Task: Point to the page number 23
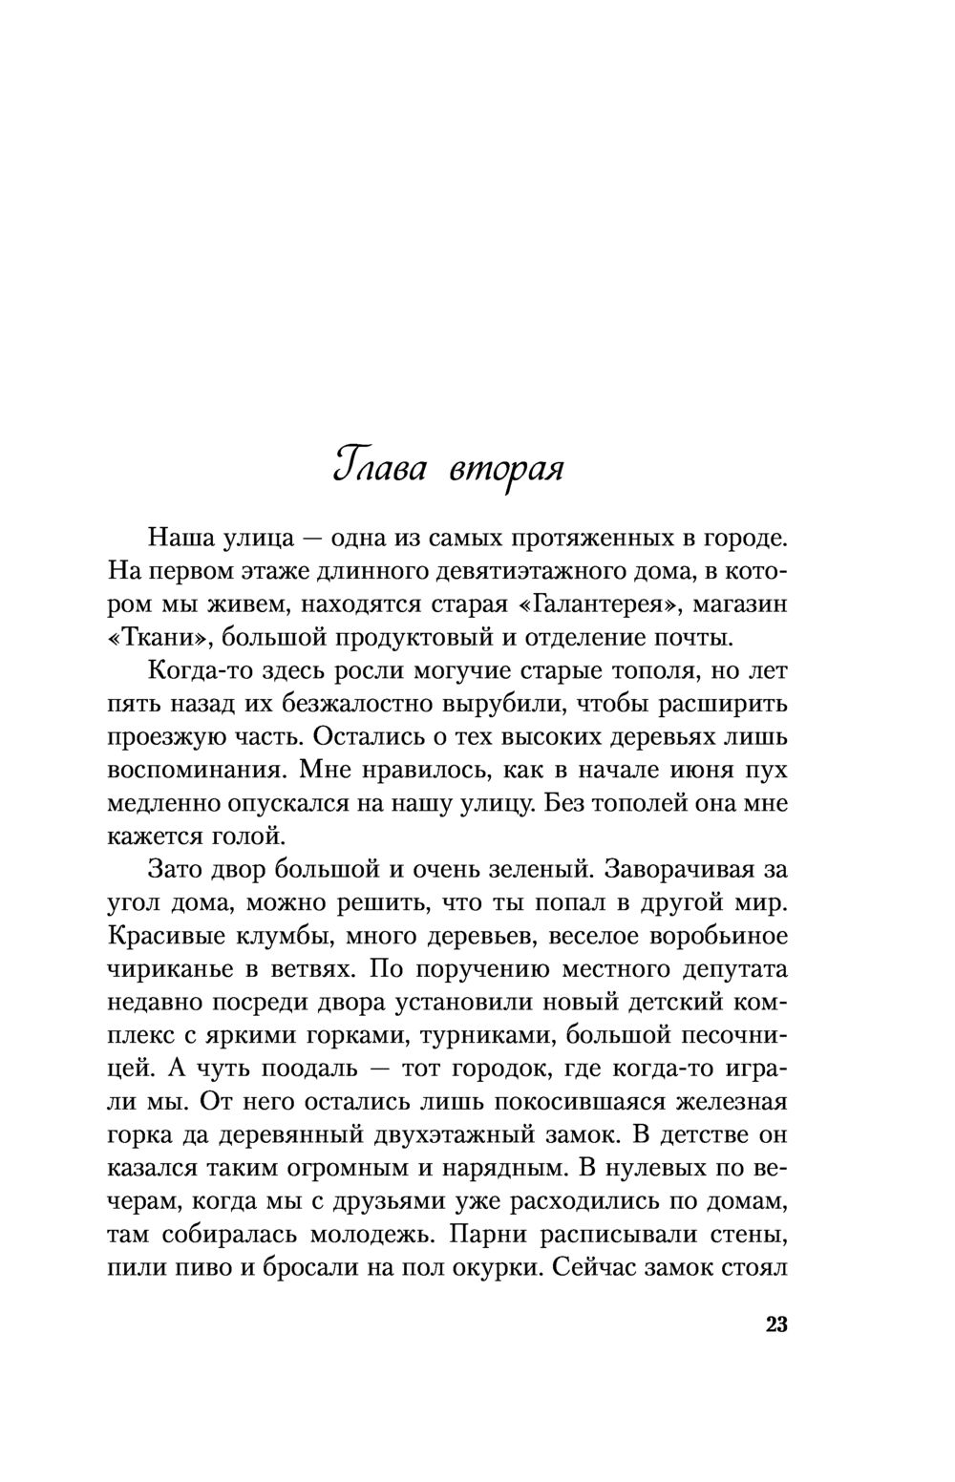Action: click(775, 1324)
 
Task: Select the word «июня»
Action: click(692, 771)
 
